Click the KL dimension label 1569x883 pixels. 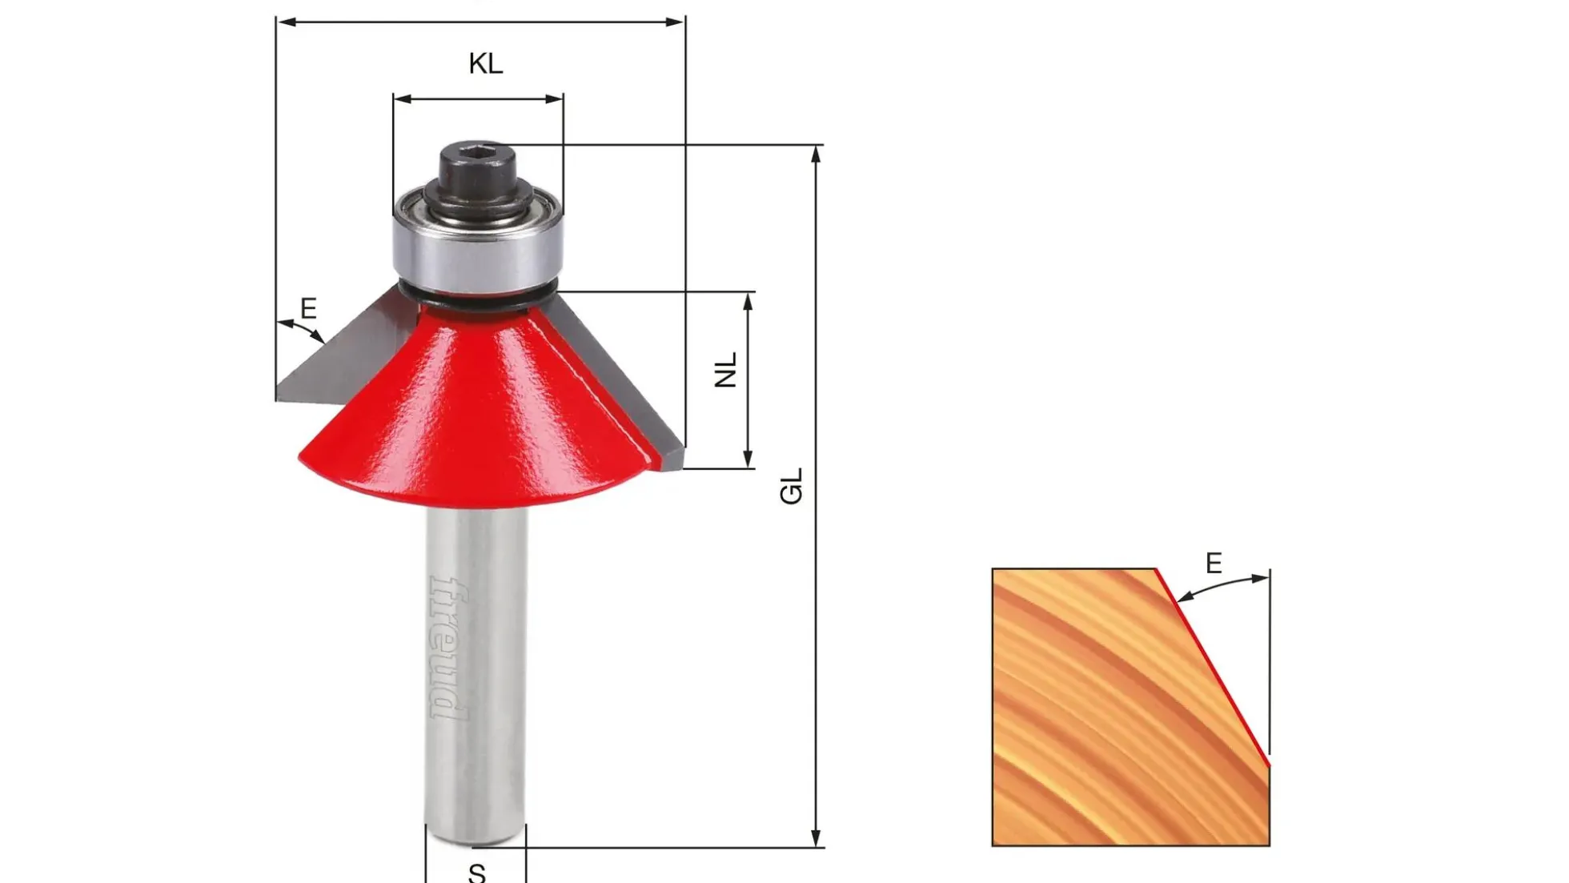[486, 63]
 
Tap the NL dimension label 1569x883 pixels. [725, 370]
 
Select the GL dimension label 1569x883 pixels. [791, 486]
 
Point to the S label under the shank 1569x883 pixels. [477, 872]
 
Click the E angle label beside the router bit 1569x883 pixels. [308, 308]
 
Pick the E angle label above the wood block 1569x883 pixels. [1214, 564]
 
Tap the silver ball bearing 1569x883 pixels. [479, 240]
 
